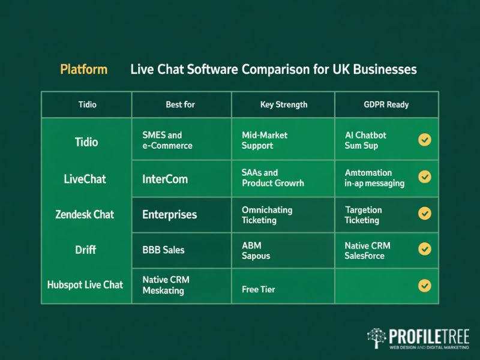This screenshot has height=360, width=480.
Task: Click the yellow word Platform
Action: pos(84,69)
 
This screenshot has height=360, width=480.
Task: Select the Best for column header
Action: pos(180,104)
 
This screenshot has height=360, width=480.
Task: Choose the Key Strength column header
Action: pos(283,104)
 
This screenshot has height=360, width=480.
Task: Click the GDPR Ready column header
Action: pos(386,104)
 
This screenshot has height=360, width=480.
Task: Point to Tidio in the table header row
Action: pos(87,104)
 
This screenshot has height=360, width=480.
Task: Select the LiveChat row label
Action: pos(85,179)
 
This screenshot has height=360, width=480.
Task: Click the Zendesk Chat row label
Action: pos(85,214)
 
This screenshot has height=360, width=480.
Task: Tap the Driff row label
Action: pos(85,248)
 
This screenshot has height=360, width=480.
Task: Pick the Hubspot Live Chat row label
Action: pos(85,284)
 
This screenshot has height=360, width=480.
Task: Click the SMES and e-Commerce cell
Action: pos(167,140)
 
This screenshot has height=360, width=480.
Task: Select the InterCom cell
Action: pos(165,179)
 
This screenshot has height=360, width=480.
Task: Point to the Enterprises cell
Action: pos(169,214)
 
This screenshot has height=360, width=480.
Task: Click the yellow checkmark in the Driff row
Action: pos(425,248)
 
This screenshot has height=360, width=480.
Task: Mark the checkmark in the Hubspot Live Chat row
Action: pos(425,285)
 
